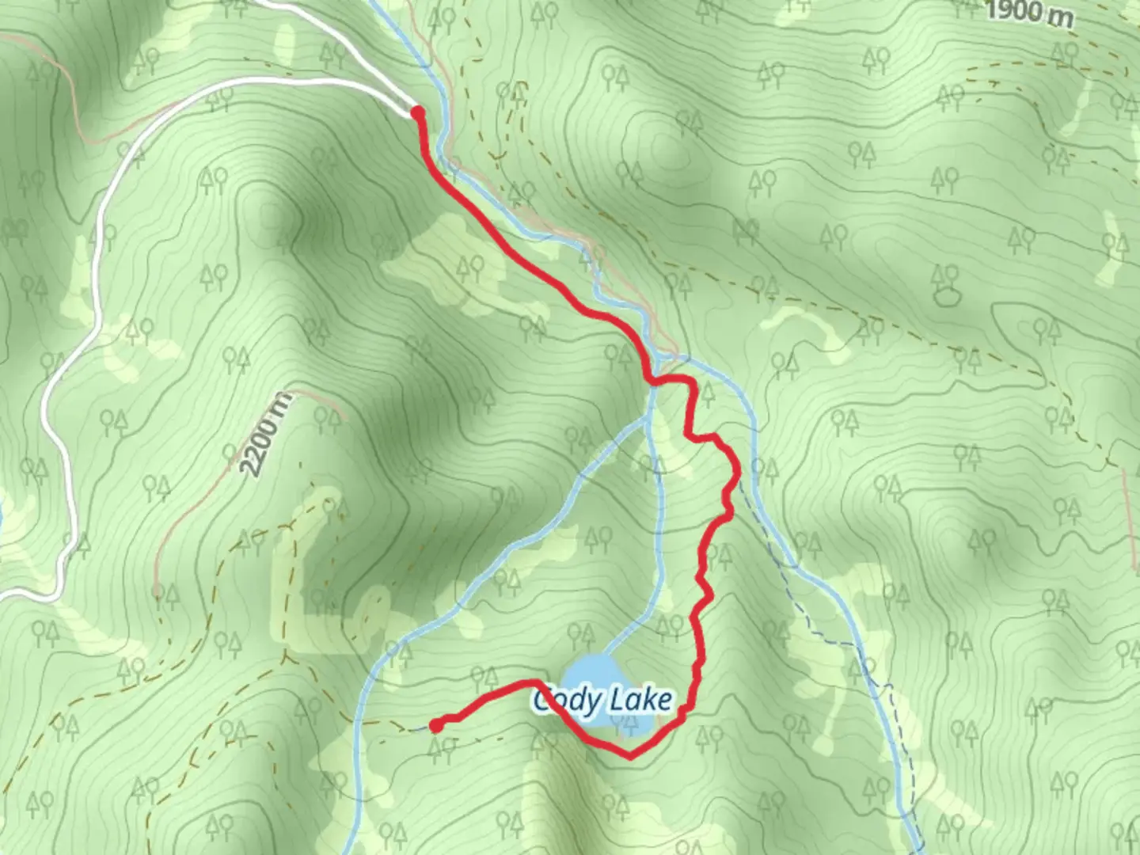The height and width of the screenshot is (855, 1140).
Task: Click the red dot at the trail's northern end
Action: click(x=417, y=114)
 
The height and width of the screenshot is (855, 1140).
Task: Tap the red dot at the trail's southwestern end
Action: click(x=435, y=724)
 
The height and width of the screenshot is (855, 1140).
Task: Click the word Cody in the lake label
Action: click(x=563, y=701)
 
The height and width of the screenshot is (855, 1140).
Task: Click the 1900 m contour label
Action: click(x=1030, y=13)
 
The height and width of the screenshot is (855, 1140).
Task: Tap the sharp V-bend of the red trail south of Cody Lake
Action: click(x=630, y=756)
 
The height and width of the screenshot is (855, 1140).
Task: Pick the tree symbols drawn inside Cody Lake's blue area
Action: click(x=625, y=723)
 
